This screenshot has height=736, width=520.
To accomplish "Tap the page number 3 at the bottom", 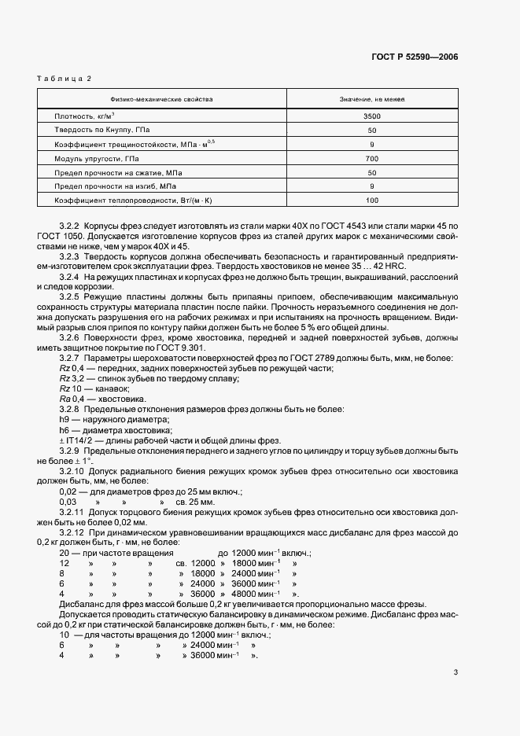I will point(455,672).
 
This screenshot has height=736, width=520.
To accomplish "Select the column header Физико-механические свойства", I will point(160,100).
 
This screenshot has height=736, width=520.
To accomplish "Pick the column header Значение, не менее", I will point(372,100).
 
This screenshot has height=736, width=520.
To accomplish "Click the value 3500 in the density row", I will point(372,116).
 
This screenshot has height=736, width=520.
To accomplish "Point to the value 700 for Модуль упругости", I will point(372,158).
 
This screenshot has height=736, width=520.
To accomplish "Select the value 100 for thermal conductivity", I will point(372,201).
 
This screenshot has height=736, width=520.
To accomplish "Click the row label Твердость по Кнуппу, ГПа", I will point(99,130).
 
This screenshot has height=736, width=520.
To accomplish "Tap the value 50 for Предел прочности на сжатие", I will point(372,172).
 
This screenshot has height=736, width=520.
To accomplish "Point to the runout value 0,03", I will point(68,500).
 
